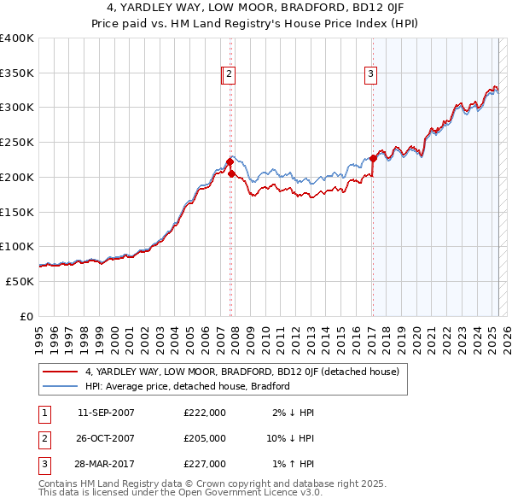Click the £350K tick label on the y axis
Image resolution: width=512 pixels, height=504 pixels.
coord(17,73)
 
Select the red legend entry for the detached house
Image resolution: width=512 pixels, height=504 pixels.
coord(247,372)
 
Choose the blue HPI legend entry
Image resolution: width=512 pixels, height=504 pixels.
coord(187,386)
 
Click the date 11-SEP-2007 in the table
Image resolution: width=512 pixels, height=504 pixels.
coord(106,413)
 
